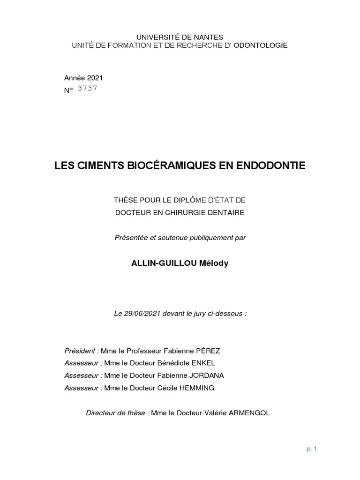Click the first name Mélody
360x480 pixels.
point(214,263)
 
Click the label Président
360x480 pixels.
point(81,351)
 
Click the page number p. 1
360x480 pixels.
point(312,449)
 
